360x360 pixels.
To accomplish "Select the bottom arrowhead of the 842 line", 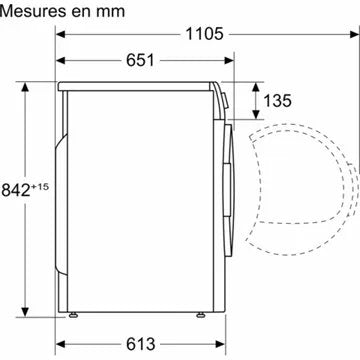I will pos(45,304).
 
